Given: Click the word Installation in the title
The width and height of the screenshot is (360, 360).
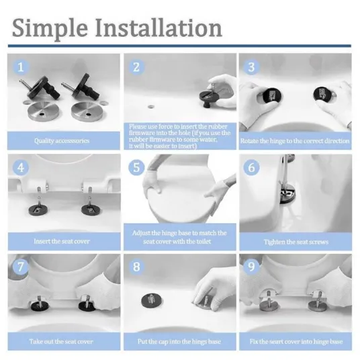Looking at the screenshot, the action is pyautogui.click(x=159, y=28).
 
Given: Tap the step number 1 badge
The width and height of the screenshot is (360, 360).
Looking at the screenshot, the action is pyautogui.click(x=21, y=67).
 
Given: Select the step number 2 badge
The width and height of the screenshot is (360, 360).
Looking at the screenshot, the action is pyautogui.click(x=136, y=67).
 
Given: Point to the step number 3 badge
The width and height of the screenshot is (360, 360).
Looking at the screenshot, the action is pyautogui.click(x=251, y=67).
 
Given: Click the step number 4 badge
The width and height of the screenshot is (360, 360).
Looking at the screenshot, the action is pyautogui.click(x=21, y=168).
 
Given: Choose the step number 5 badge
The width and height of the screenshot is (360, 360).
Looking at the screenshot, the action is pyautogui.click(x=136, y=167).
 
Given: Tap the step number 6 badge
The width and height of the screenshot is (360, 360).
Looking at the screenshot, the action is pyautogui.click(x=251, y=167).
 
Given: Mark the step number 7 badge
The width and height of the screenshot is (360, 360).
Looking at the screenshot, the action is pyautogui.click(x=21, y=267).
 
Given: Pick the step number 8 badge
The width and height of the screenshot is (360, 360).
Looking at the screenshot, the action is pyautogui.click(x=136, y=267).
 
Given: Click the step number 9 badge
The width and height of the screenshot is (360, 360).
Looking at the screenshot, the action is pyautogui.click(x=251, y=267).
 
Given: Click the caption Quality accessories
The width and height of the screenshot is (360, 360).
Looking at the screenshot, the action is pyautogui.click(x=62, y=141).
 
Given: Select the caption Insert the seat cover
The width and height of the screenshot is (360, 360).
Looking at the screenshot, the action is pyautogui.click(x=62, y=241).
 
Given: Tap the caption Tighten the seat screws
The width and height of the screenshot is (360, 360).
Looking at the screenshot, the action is pyautogui.click(x=296, y=242).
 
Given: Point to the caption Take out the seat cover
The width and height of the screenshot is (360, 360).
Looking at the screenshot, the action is pyautogui.click(x=61, y=341).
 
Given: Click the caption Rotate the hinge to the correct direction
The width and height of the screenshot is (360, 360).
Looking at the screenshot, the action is pyautogui.click(x=295, y=141).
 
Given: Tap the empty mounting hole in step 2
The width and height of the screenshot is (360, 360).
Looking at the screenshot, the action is pyautogui.click(x=151, y=107).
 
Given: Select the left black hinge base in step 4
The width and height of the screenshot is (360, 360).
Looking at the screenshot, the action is pyautogui.click(x=38, y=210).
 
